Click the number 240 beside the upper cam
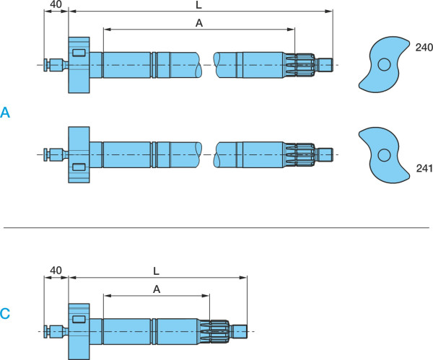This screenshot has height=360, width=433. [424, 47]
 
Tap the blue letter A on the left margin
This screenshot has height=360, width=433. [5, 113]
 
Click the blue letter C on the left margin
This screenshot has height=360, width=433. [5, 313]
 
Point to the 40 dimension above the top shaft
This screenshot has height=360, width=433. [56, 4]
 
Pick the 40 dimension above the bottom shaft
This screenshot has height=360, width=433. [56, 271]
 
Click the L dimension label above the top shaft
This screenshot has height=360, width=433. [198, 5]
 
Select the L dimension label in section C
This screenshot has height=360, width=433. [157, 271]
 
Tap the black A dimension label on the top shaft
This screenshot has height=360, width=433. [199, 23]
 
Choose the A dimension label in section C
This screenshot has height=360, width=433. [157, 289]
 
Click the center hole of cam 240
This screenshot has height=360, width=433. [384, 65]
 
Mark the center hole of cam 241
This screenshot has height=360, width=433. [384, 155]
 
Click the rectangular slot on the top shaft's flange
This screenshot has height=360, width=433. [79, 53]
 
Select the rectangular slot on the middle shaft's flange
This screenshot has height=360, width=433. [79, 167]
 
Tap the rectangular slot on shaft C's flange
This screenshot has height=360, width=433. [79, 319]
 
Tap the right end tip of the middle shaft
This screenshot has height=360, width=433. [333, 155]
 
